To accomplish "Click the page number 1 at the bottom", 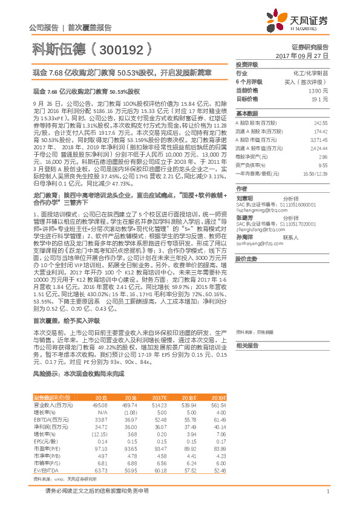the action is pos(327,498).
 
